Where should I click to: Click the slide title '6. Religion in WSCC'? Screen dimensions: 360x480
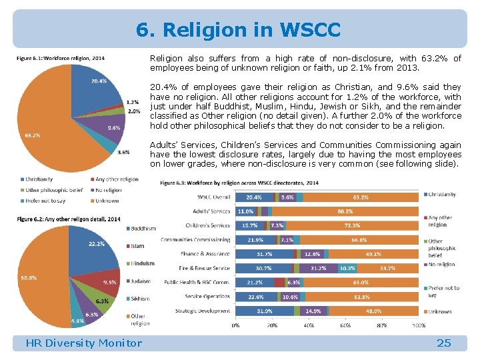238,30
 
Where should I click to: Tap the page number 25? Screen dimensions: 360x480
443,343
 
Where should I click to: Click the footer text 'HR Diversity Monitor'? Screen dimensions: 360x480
83,343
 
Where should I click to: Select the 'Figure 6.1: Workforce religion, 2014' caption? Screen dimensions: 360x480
60,57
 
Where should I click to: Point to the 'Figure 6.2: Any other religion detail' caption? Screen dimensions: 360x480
69,219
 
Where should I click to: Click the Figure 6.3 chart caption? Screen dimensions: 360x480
239,183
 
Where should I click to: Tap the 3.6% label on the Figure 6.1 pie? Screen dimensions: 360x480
123,152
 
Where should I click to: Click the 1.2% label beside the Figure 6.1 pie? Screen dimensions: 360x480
133,102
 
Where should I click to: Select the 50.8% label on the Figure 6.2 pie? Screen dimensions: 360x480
28,278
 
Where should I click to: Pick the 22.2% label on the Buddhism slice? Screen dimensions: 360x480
96,244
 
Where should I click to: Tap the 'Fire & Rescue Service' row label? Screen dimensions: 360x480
204,268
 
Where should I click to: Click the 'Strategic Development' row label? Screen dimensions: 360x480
203,311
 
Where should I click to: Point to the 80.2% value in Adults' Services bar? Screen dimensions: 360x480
345,211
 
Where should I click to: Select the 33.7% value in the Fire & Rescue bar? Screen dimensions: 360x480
387,268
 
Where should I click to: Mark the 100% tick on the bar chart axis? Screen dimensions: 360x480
419,325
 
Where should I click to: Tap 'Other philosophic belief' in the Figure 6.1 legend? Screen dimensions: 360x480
53,189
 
